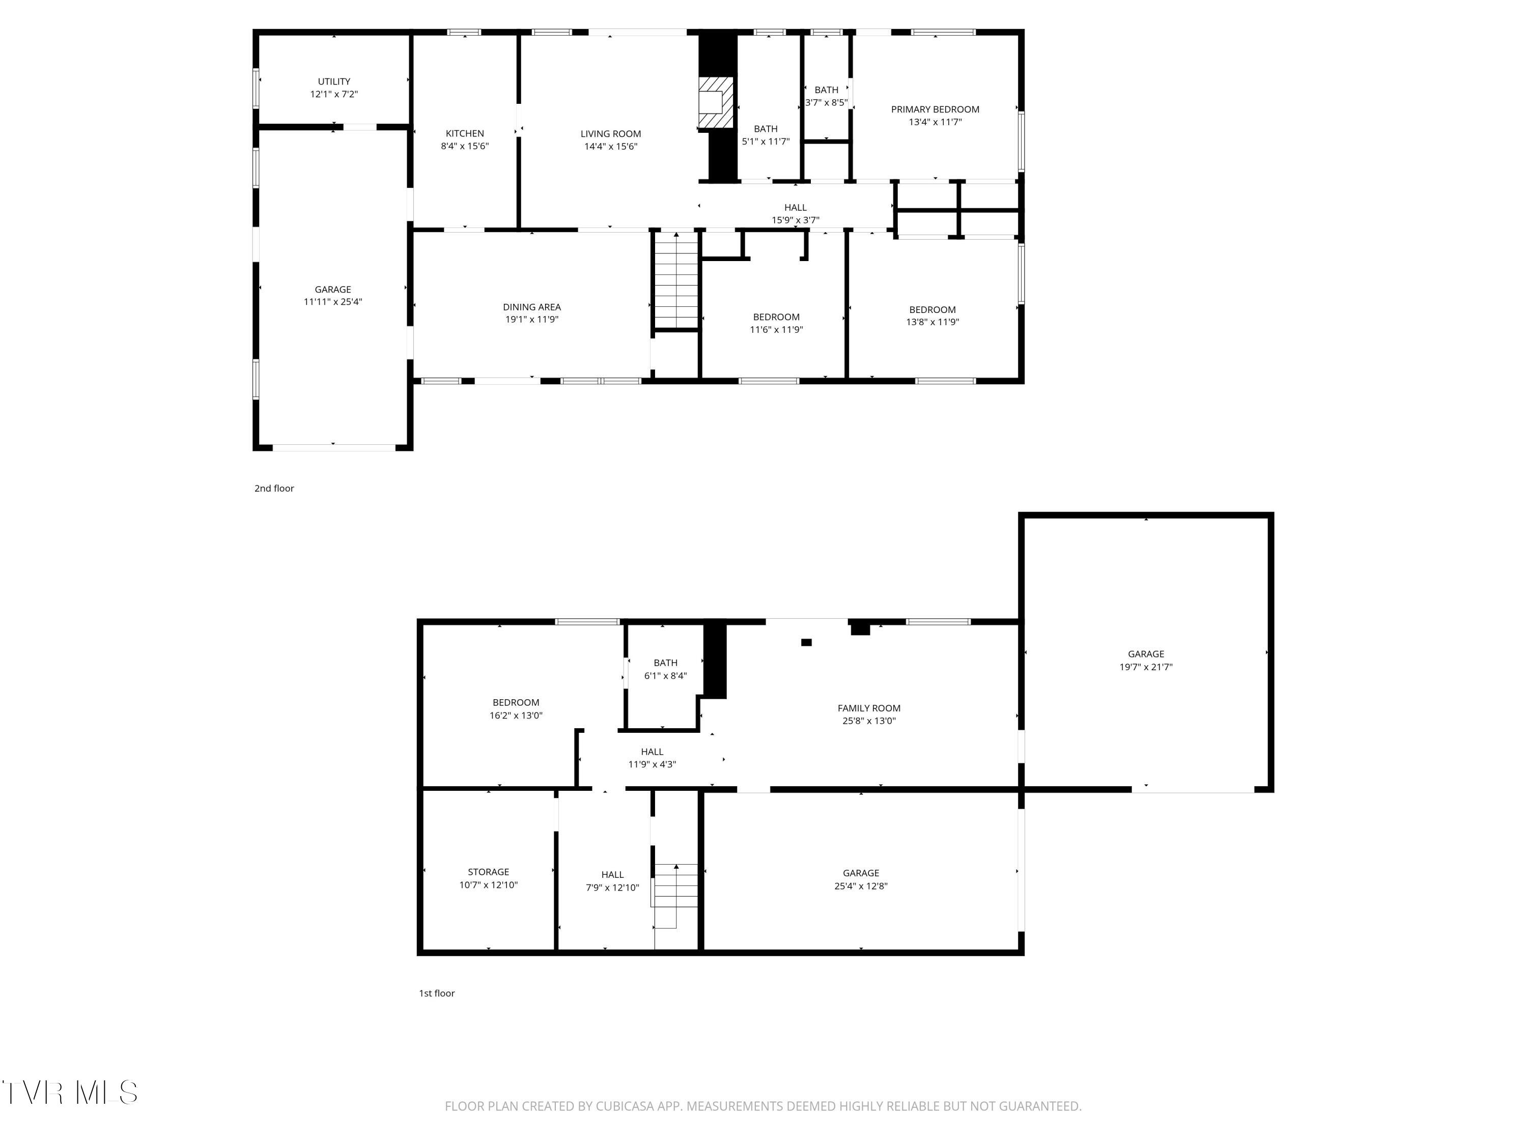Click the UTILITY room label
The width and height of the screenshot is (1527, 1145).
pos(333,81)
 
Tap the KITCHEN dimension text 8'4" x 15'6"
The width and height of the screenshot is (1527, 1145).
pos(465,147)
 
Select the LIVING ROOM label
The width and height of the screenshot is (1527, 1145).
pos(610,134)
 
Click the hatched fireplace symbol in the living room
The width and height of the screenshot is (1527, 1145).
pos(715,102)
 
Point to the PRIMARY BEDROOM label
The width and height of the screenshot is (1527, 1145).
pos(935,109)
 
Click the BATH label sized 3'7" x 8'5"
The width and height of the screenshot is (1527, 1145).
pos(826,90)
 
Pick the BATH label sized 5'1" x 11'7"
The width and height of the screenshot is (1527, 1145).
pos(765,129)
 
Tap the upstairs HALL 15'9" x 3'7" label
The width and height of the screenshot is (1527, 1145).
pos(795,208)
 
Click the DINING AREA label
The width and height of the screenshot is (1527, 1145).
pos(531,307)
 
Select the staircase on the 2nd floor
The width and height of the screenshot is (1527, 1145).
pos(676,279)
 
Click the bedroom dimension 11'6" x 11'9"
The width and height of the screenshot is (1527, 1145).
pos(776,330)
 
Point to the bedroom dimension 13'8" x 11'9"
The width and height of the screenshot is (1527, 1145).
pos(932,322)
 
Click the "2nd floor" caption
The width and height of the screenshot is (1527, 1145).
pos(274,489)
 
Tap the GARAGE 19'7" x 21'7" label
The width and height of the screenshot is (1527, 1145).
pos(1145,654)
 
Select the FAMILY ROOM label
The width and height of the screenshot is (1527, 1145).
pos(868,708)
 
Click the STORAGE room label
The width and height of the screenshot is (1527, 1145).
pos(488,872)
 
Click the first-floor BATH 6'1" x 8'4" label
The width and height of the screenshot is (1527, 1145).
pos(665,663)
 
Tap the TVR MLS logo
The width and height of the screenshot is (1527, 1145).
pos(70,1093)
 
